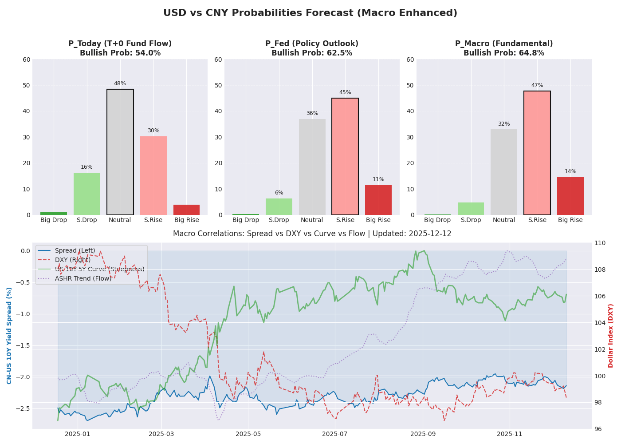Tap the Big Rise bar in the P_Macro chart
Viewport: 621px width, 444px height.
(x=570, y=196)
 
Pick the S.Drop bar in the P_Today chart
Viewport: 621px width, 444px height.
(x=87, y=194)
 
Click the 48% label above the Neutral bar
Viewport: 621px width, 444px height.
(x=120, y=83)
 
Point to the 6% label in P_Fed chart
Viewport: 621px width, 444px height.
(x=279, y=193)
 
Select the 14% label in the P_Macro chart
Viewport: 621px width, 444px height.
(x=570, y=171)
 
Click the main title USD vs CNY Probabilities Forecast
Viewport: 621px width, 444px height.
(x=310, y=13)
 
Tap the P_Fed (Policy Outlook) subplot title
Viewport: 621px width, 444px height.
(x=312, y=44)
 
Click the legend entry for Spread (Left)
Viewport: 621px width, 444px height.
(x=75, y=250)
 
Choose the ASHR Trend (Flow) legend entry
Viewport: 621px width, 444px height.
(x=83, y=278)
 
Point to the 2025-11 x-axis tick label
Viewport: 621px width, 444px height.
(x=510, y=433)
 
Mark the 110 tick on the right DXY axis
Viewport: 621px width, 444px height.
(x=600, y=243)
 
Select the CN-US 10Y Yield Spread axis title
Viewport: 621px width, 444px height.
(x=9, y=335)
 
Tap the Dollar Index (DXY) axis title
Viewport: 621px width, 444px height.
(x=611, y=335)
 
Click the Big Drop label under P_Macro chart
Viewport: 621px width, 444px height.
(x=438, y=220)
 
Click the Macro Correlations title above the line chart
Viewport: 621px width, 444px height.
(x=312, y=234)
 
